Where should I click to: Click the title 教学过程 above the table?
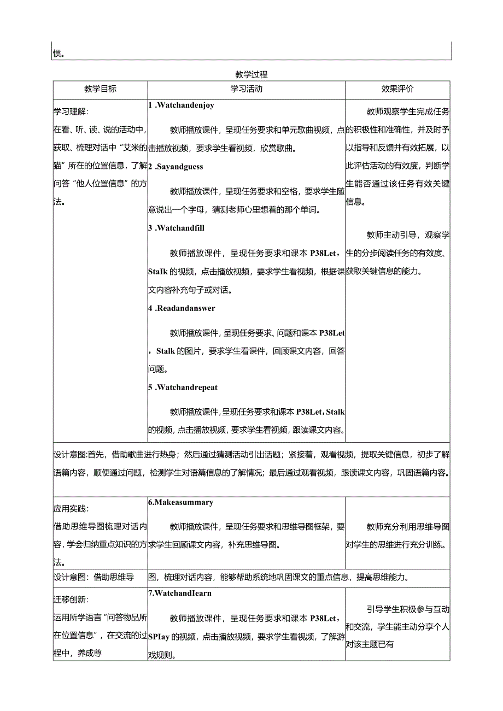(251, 74)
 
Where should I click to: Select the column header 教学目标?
(100, 89)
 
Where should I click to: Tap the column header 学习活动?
(246, 89)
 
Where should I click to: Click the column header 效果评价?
(397, 89)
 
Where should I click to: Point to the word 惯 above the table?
(57, 54)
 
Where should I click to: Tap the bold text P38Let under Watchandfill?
(326, 253)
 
